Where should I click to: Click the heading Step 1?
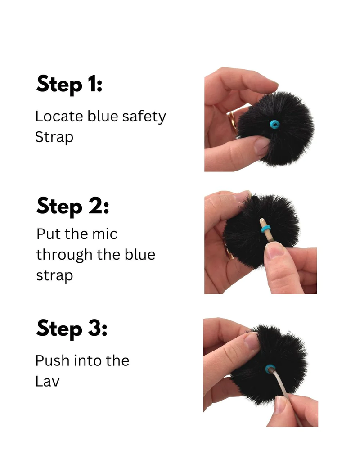[x=69, y=84]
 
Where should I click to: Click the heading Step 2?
[x=73, y=206]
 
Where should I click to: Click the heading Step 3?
[x=72, y=328]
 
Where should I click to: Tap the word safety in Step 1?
[x=144, y=117]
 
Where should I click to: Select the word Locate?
[x=59, y=116]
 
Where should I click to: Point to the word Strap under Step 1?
[x=54, y=137]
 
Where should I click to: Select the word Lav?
[x=47, y=382]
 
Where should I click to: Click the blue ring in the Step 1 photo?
[x=274, y=124]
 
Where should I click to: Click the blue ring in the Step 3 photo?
[x=270, y=369]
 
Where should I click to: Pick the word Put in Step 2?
[x=48, y=234]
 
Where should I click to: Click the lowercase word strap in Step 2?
[x=54, y=276]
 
